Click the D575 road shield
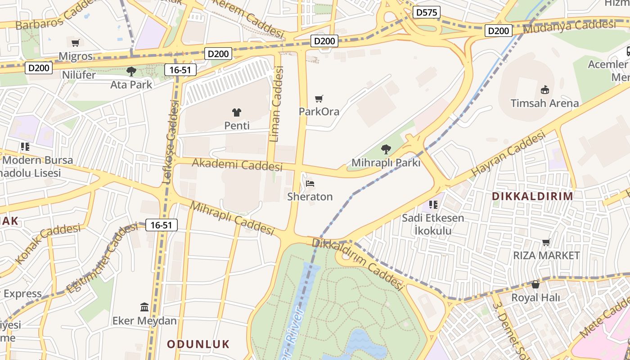point(426,12)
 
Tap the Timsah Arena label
point(544,103)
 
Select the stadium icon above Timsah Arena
point(544,90)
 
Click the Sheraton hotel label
point(310,197)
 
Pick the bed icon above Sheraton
point(310,184)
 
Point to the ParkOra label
point(319,111)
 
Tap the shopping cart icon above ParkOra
point(319,99)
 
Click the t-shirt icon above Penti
point(237,112)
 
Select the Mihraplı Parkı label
point(386,162)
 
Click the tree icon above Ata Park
point(131,71)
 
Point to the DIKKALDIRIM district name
point(532,196)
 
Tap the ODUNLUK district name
point(198,344)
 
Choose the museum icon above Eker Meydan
point(144,307)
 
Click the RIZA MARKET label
point(546,255)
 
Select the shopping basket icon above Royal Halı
point(535,284)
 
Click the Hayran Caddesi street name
point(508,154)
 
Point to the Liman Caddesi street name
point(277,104)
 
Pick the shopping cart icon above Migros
point(76,43)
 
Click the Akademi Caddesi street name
point(237,164)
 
